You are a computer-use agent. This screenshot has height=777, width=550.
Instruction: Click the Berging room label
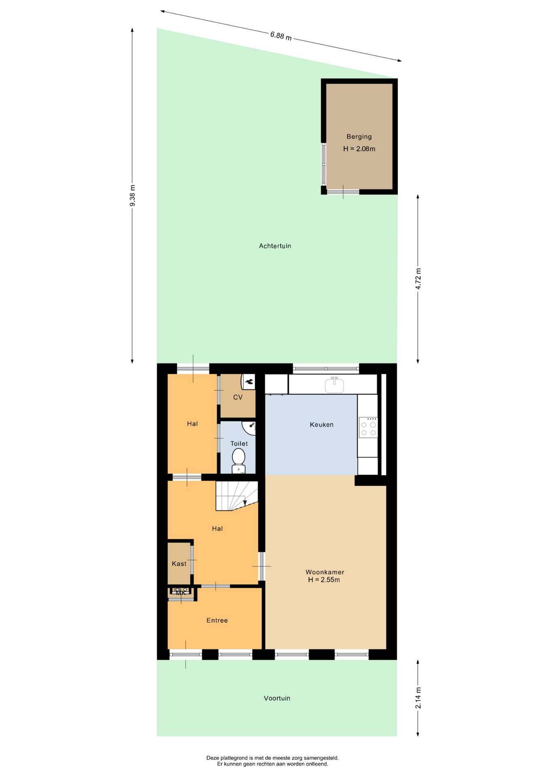359,137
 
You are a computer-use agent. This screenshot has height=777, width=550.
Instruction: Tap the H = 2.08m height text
359,149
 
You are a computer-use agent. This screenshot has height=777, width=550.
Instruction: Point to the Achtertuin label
275,246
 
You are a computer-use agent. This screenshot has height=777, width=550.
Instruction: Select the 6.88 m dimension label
281,36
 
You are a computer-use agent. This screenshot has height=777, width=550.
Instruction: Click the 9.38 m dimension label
132,195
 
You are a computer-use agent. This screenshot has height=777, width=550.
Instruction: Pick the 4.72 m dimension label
418,278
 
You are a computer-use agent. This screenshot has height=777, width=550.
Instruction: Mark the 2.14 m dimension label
418,698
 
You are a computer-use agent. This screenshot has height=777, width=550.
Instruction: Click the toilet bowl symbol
239,461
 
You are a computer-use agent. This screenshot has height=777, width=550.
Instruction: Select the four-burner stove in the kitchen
368,427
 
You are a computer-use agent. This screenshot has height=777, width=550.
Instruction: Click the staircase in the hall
237,496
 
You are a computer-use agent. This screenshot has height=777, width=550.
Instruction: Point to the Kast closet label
179,564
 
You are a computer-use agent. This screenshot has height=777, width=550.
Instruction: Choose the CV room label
238,397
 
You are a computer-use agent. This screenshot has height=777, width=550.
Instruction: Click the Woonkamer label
325,572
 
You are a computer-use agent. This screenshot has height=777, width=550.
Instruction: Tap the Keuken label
322,425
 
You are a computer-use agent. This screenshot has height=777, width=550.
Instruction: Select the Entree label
217,620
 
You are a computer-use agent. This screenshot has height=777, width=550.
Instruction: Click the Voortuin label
277,698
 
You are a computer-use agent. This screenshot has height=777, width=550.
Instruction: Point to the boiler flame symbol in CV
249,381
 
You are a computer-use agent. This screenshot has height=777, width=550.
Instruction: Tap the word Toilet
239,444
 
